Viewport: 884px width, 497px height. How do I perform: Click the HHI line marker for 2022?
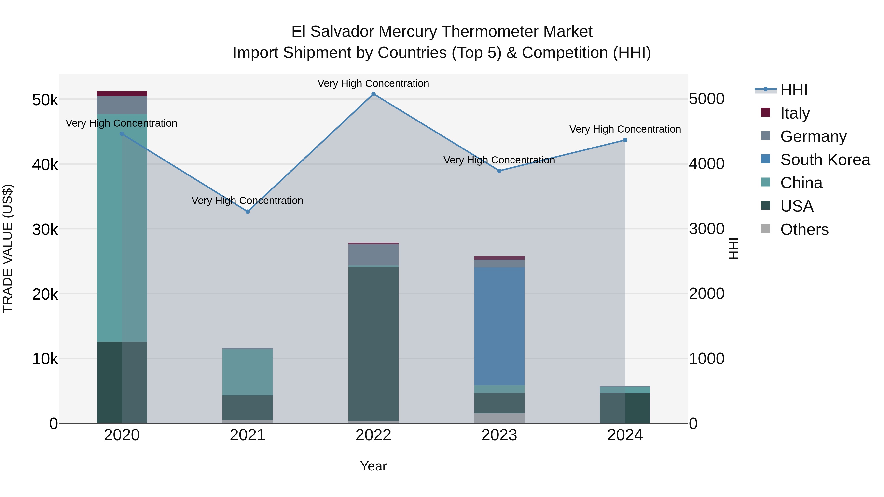[x=373, y=94]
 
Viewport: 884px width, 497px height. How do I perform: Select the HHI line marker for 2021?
[x=248, y=212]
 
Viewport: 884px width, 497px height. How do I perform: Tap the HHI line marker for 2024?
[x=625, y=140]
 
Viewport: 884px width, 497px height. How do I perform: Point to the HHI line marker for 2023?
[x=499, y=171]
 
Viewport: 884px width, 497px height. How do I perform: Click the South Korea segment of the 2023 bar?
[x=499, y=326]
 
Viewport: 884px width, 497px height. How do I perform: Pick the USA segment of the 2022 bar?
[x=373, y=343]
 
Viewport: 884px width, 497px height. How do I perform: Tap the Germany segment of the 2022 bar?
[x=373, y=255]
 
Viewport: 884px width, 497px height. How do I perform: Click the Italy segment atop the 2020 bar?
[x=122, y=94]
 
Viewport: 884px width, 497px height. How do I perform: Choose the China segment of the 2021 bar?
[x=248, y=372]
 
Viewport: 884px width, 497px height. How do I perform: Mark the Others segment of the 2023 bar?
[x=499, y=418]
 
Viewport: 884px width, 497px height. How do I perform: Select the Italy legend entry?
[x=795, y=113]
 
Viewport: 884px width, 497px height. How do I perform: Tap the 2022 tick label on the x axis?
[x=373, y=435]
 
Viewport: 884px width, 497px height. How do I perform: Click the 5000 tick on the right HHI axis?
[x=706, y=99]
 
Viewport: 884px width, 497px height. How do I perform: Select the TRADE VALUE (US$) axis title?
[x=8, y=248]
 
